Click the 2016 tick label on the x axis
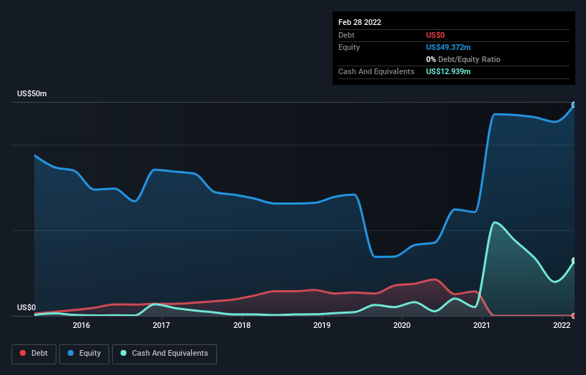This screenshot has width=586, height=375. click(81, 326)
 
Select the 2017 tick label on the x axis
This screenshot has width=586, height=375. click(161, 326)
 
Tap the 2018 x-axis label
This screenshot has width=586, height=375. click(242, 326)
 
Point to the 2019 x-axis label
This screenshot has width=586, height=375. click(322, 326)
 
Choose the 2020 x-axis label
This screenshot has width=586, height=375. click(402, 326)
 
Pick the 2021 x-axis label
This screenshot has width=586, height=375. click(482, 326)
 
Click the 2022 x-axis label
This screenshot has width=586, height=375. click(562, 326)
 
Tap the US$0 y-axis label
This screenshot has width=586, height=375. click(26, 308)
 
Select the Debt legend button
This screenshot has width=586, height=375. click(34, 354)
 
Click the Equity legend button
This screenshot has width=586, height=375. click(84, 354)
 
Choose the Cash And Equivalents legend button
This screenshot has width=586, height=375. click(164, 354)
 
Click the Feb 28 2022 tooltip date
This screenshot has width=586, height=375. click(360, 22)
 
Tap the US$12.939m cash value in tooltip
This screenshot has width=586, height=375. click(448, 71)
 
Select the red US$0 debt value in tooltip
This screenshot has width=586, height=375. click(435, 35)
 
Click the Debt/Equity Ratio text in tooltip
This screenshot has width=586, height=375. click(465, 59)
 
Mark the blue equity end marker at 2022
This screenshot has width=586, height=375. click(574, 105)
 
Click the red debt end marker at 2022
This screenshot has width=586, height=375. click(574, 316)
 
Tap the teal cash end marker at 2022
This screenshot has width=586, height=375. click(574, 261)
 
